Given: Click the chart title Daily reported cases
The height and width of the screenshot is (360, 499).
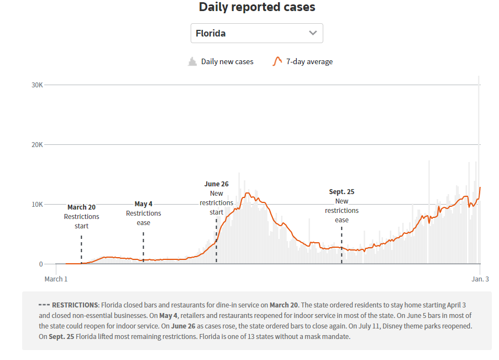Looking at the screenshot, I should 257,7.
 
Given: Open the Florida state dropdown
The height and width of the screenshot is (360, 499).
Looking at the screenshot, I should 256,33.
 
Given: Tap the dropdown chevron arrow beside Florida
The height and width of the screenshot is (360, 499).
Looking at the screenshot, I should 313,33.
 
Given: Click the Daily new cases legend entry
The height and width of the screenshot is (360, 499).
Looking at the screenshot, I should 221,62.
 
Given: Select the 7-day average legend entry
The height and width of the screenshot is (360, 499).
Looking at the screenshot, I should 303,62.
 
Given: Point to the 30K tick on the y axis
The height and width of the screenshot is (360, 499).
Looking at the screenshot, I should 36,85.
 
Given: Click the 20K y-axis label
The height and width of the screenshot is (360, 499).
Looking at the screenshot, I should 36,145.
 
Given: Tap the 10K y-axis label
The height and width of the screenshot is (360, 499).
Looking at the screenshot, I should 36,205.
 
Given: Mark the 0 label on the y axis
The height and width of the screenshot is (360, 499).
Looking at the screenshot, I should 40,264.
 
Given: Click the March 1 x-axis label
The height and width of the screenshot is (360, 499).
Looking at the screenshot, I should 56,279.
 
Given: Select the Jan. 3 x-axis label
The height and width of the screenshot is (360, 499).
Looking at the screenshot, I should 480,279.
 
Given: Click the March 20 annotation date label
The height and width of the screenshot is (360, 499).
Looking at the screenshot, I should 81,207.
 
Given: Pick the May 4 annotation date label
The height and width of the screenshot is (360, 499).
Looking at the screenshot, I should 143,204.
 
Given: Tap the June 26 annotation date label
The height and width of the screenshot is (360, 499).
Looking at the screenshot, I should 216,184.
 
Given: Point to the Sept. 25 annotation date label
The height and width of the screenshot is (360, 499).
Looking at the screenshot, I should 342,192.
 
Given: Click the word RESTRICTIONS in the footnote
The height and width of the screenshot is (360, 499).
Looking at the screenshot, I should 75,305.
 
